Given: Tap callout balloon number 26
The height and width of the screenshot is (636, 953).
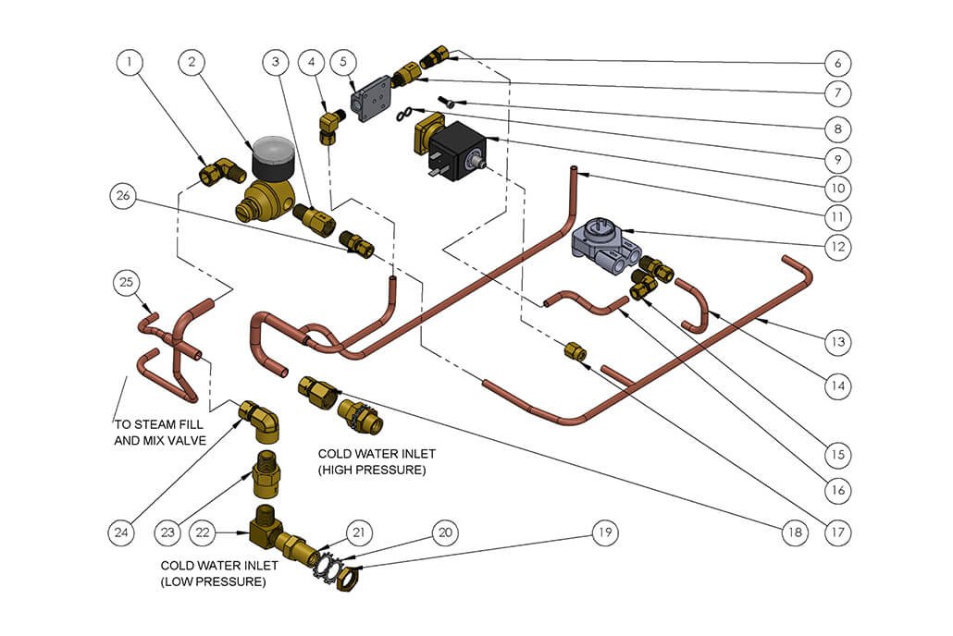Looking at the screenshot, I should tap(123, 196).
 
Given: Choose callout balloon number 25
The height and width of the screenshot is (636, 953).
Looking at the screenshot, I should tap(127, 281).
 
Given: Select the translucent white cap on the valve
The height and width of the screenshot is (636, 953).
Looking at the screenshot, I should tap(271, 151).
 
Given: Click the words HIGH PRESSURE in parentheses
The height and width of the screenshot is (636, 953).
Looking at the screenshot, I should tap(371, 471).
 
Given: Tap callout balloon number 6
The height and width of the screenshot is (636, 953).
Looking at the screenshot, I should tap(836, 63).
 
